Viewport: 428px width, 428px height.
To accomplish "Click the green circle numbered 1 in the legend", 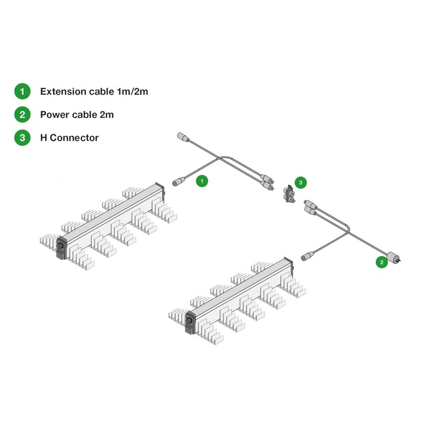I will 22,91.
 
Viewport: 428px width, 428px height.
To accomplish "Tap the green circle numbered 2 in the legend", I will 22,114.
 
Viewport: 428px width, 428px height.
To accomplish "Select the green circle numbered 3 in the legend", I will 22,137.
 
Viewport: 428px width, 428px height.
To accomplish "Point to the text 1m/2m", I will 132,91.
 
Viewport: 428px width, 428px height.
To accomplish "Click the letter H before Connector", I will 44,137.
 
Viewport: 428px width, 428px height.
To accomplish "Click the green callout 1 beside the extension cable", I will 202,181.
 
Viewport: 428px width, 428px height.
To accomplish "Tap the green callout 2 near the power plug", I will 381,262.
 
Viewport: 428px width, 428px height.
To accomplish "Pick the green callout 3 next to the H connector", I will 301,182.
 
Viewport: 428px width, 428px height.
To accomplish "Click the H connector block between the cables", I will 289,194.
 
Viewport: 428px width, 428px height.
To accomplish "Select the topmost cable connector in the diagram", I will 182,137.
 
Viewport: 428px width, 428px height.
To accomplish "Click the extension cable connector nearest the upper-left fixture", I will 177,182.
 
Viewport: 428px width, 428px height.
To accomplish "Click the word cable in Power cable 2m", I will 82,114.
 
